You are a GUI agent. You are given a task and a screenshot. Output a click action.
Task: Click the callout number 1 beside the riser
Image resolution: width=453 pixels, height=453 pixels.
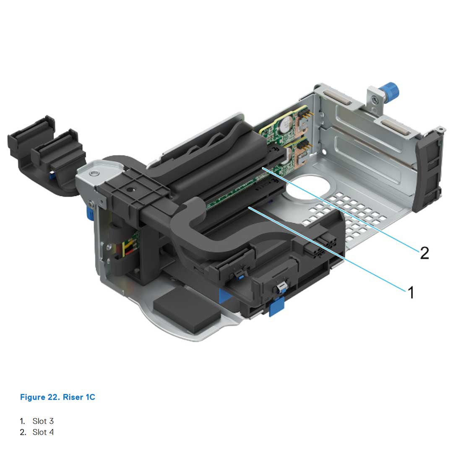pos(411,292)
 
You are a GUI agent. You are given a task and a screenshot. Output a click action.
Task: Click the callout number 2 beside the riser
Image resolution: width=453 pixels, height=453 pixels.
pos(424,253)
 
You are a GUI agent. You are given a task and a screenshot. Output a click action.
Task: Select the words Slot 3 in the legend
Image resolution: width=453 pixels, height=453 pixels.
pos(43,421)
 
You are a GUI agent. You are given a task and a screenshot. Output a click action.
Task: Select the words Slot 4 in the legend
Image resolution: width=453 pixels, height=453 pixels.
pos(43,432)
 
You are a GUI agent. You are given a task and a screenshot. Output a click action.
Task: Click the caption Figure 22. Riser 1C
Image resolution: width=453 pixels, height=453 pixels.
pos(57,397)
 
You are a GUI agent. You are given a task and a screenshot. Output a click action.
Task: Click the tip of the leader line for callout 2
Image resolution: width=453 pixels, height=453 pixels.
pos(263,168)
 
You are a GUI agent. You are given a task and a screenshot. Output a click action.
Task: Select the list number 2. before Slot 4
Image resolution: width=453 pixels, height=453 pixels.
pos(23,432)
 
